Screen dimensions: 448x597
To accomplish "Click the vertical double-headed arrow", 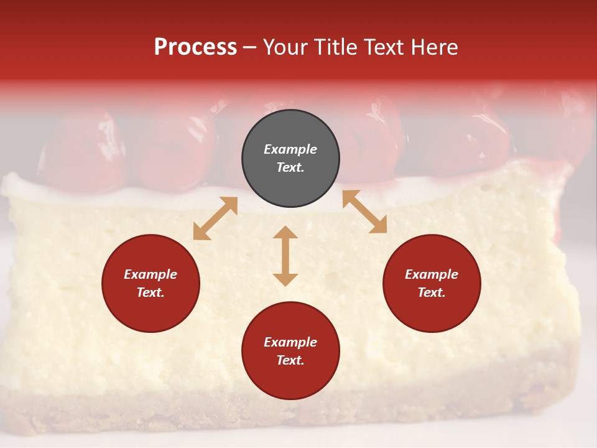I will tap(285, 256).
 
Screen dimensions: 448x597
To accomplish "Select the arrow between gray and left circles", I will tap(215, 218).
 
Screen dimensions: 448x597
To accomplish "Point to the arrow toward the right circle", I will tap(364, 212).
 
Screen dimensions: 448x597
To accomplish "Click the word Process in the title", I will tap(195, 47).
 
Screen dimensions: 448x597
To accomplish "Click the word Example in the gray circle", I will tap(290, 149).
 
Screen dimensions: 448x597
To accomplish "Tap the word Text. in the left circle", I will tap(150, 292).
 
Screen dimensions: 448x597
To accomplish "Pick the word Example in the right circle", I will tap(432, 274).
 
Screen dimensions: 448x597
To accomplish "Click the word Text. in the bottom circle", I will tap(290, 360).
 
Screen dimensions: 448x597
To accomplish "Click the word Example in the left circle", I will tap(150, 274).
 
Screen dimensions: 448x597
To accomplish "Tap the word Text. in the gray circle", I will tap(290, 167).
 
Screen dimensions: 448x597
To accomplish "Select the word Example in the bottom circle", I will tap(290, 342).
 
